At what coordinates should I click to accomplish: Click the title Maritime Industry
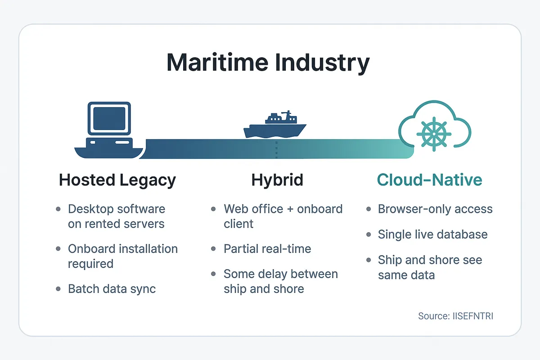click(268, 63)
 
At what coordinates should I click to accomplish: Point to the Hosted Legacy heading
click(117, 180)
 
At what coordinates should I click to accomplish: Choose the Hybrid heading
click(277, 180)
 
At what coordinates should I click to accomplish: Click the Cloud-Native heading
click(429, 180)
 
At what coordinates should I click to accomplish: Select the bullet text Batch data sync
click(112, 289)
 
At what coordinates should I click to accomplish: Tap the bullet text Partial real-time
click(267, 249)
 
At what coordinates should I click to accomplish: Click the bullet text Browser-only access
click(435, 209)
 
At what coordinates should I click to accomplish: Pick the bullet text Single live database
click(432, 234)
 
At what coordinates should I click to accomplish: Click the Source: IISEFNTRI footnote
click(455, 316)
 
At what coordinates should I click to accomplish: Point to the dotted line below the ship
click(276, 150)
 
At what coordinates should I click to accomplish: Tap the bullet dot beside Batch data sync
click(58, 289)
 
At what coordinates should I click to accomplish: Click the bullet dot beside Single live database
click(369, 235)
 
